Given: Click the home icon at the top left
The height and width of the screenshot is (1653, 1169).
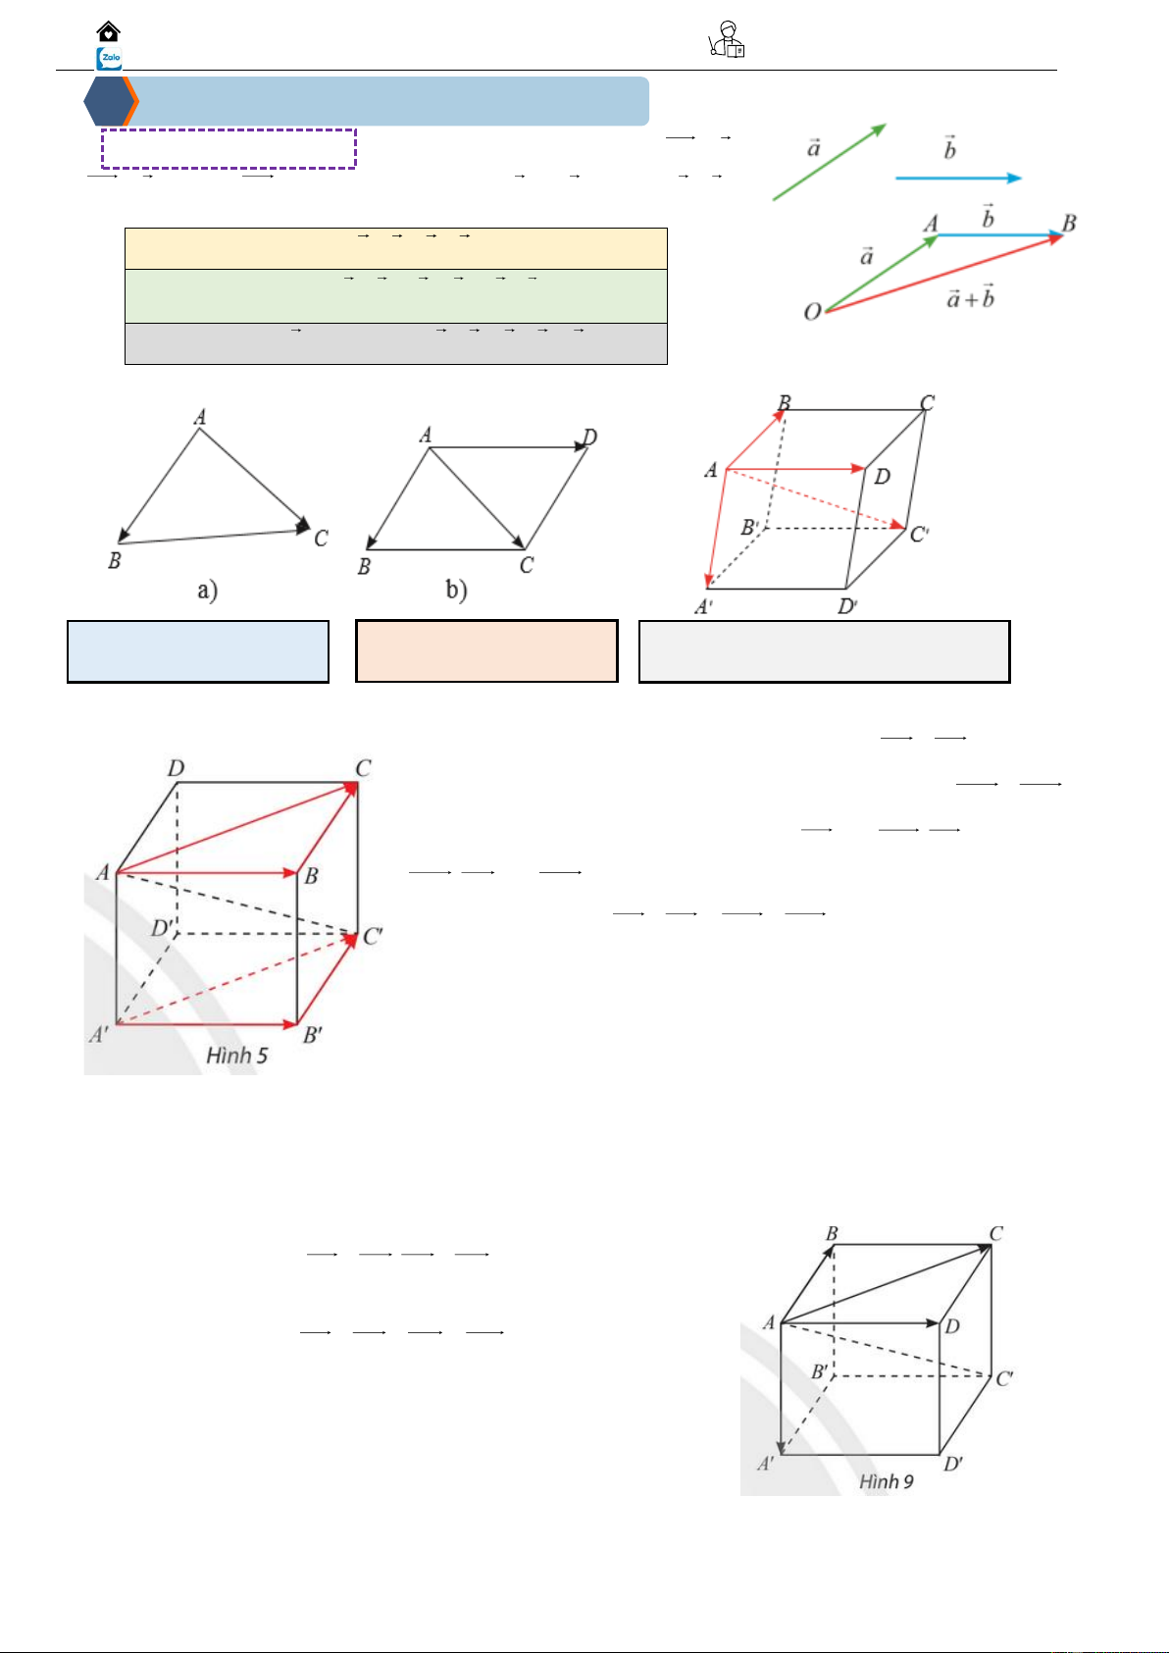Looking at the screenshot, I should coord(109,31).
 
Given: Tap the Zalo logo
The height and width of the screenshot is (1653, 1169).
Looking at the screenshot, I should coord(109,59).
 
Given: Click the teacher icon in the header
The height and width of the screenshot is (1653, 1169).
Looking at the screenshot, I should coord(727,41).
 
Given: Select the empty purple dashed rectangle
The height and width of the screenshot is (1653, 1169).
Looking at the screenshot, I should coord(229,148).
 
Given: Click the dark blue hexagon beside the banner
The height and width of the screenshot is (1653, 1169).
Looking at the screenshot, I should coord(109,101).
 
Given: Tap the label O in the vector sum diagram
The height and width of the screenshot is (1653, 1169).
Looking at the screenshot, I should coord(812,312).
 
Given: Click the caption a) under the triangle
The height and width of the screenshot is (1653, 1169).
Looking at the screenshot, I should coord(207,591).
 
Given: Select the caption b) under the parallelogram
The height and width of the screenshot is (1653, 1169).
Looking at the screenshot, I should coord(456,591).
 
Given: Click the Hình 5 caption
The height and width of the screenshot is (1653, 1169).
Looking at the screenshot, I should coord(236,1056).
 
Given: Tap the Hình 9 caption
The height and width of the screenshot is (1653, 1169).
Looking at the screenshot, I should coord(886,1481).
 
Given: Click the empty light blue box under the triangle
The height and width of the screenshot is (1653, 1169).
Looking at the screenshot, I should coord(198,651).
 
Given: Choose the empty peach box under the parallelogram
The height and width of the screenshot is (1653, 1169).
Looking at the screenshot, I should coord(486,651).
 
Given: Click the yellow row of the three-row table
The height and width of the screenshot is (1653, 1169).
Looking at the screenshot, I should coord(395,248).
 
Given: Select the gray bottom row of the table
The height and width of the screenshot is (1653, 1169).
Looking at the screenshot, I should coord(395,343).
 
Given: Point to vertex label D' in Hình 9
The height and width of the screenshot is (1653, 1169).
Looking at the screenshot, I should coord(952,1464).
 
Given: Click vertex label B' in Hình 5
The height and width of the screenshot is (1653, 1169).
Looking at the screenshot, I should coord(313,1035).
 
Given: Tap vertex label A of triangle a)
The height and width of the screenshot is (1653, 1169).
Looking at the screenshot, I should coord(200,418).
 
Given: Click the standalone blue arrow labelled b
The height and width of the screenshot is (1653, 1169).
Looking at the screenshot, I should coord(958,178).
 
